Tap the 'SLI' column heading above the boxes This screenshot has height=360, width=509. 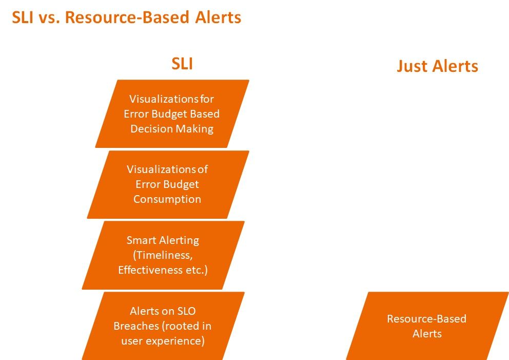(182, 63)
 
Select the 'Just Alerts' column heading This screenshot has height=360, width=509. (437, 66)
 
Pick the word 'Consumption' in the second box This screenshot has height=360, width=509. (167, 199)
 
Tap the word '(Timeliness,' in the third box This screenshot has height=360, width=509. (163, 255)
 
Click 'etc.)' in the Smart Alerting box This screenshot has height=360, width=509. (197, 270)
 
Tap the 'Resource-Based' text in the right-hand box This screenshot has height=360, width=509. (426, 319)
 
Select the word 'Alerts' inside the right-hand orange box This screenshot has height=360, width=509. (427, 334)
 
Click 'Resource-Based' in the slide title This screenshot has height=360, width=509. (127, 17)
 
